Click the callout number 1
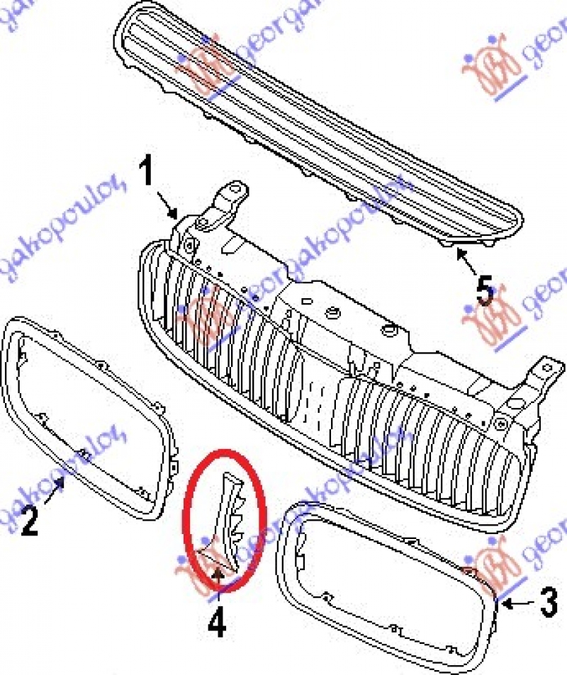147,174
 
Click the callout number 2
28,521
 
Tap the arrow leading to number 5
466,261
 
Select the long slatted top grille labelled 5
319,120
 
